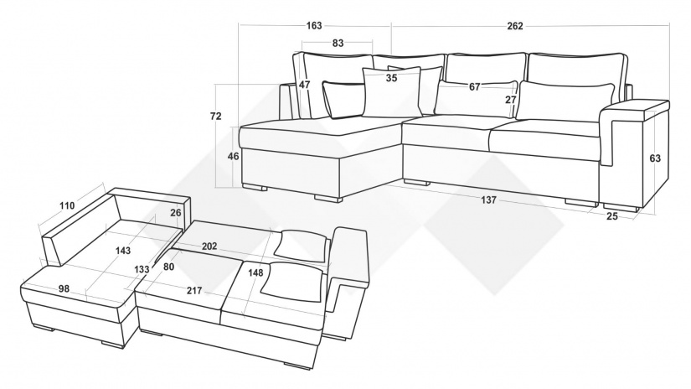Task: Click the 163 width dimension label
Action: pos(314,26)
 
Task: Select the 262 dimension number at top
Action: pos(515,26)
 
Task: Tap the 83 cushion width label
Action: pos(338,43)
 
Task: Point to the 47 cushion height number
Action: pos(305,85)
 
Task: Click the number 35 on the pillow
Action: pos(391,78)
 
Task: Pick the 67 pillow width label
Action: pos(474,87)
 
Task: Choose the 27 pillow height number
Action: pos(510,100)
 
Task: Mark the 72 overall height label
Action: pos(216,117)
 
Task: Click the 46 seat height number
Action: pos(233,156)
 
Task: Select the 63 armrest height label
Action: pos(655,158)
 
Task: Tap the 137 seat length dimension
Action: pos(488,200)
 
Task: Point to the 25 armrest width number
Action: pos(612,216)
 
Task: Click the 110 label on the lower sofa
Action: pos(67,205)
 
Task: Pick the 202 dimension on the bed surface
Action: pos(209,246)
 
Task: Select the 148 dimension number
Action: pos(255,272)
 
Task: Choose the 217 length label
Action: pos(194,291)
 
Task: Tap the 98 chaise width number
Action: pos(64,289)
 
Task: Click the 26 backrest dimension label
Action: pos(175,213)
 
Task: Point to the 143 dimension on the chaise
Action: pos(123,251)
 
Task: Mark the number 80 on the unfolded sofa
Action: pos(168,267)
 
